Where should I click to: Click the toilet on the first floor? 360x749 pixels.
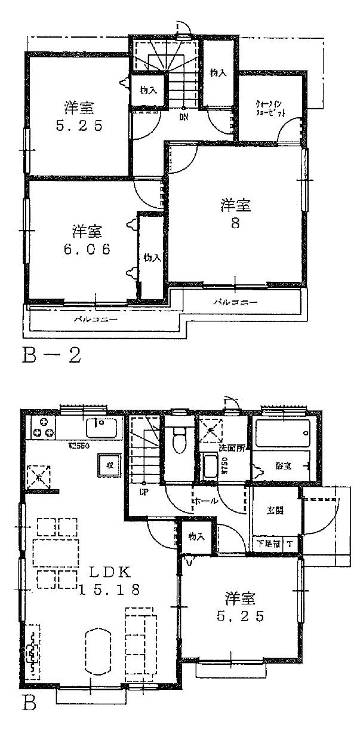(177, 440)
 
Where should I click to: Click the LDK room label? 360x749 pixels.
(110, 571)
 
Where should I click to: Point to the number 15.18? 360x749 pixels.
(110, 590)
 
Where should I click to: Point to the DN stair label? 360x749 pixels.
(183, 117)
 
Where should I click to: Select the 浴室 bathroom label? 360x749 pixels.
(283, 465)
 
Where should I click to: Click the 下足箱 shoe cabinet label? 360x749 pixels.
(266, 544)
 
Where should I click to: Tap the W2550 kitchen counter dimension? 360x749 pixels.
(78, 446)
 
